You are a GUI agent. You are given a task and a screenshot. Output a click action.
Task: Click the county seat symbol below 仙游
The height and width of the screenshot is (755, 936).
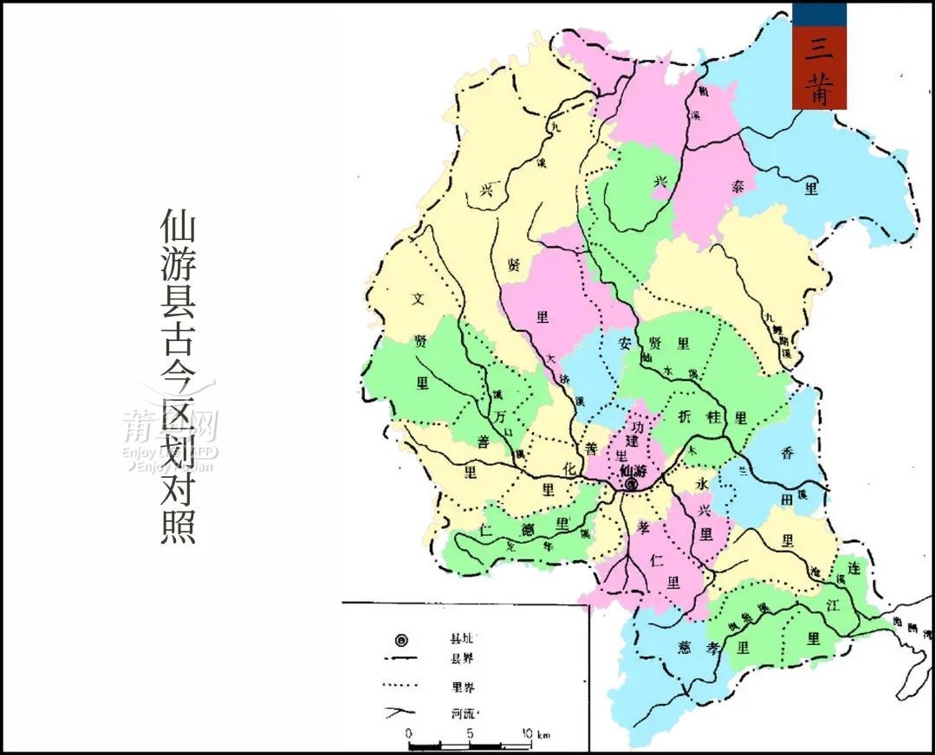pyautogui.click(x=631, y=486)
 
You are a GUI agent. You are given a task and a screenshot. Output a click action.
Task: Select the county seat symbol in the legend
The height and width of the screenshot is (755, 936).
pyautogui.click(x=400, y=640)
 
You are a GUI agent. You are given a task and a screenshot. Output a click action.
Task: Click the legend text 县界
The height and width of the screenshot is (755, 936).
pyautogui.click(x=462, y=660)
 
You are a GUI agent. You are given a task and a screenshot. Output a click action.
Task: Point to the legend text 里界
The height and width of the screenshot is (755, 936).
pyautogui.click(x=462, y=687)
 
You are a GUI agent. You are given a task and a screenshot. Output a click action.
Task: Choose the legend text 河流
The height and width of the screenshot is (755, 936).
pyautogui.click(x=462, y=714)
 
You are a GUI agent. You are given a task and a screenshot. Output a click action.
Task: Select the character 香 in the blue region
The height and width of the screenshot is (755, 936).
pyautogui.click(x=788, y=452)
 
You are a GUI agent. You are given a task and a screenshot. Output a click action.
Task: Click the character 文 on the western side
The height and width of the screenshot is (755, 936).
pyautogui.click(x=419, y=300)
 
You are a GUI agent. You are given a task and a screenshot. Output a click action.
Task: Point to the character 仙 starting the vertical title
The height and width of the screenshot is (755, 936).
pyautogui.click(x=178, y=227)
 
